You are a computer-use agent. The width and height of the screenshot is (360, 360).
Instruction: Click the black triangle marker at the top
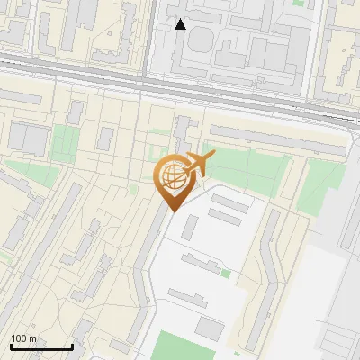tap(181, 24)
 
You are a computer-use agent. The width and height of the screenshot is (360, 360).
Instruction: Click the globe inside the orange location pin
tap(171, 177)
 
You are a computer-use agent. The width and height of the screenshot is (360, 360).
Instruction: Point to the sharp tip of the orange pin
tap(171, 211)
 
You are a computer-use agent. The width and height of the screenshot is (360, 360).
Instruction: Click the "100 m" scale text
tap(23, 338)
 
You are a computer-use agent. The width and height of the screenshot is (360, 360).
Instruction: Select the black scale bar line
tap(41, 346)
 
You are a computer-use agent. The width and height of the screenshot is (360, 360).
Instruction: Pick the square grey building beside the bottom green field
tap(210, 328)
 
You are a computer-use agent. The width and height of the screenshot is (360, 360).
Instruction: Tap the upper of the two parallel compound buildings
tap(230, 203)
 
